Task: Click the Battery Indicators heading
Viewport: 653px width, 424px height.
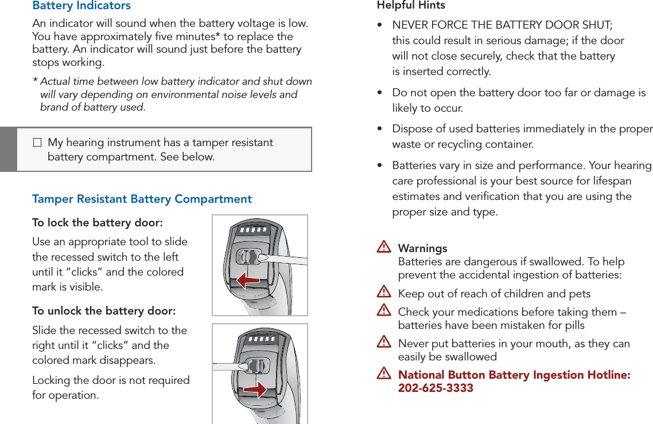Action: (x=81, y=6)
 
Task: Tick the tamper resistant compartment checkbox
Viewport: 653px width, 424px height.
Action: (x=38, y=142)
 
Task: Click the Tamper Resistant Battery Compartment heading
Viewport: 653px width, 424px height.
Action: (x=142, y=199)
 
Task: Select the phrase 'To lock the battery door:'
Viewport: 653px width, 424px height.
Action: (x=97, y=222)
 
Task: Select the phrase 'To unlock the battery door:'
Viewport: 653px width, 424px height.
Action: (x=104, y=311)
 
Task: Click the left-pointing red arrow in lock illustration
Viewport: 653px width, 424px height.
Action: (x=248, y=280)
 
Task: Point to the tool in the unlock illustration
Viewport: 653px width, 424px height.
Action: (x=230, y=366)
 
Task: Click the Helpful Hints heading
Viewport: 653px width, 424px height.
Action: (x=411, y=6)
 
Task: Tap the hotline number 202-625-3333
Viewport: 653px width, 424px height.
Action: (x=436, y=388)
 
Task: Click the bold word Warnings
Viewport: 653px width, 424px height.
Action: (x=422, y=249)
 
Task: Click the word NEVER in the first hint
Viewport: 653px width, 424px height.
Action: (x=410, y=25)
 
